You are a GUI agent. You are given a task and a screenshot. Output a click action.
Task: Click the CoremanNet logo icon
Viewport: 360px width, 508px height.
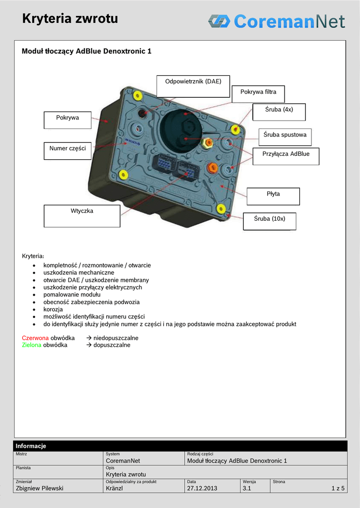[x=218, y=21]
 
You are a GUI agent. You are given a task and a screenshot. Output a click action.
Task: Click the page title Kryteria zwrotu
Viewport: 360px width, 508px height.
[x=70, y=19]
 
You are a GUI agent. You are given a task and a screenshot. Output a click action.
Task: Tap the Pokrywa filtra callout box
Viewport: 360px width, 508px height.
[x=258, y=92]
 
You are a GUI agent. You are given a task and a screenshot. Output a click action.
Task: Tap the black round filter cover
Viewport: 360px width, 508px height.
[x=181, y=130]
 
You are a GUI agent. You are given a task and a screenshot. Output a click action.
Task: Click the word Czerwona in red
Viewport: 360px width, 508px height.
[x=35, y=338]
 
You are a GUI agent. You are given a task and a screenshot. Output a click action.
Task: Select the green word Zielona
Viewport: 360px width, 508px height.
[x=32, y=345]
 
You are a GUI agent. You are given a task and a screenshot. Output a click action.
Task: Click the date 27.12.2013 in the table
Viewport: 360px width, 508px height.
[x=202, y=488]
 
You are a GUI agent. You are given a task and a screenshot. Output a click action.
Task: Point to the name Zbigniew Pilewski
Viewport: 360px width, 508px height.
[x=40, y=488]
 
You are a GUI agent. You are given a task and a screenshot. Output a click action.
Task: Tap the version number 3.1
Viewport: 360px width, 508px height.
[x=247, y=488]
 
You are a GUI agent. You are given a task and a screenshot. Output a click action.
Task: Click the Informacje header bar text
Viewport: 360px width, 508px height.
[x=31, y=446]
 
